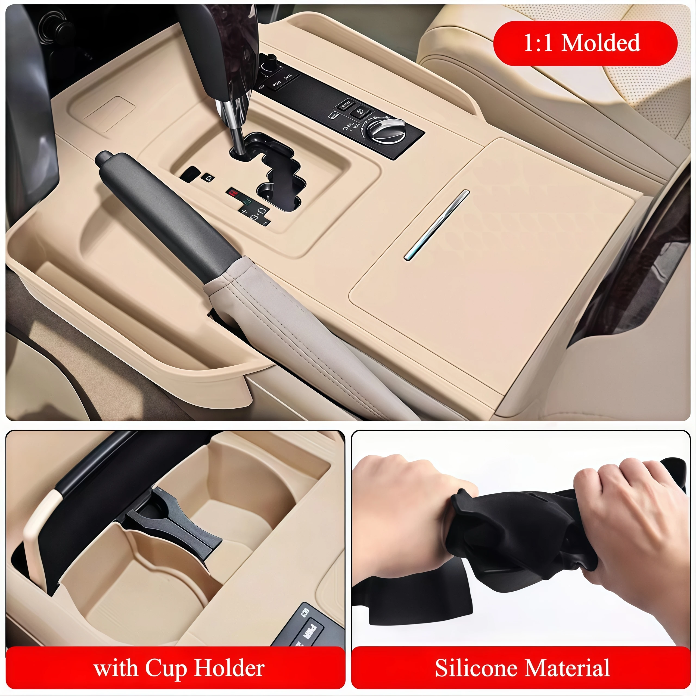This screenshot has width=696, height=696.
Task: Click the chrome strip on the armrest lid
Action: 437,224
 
